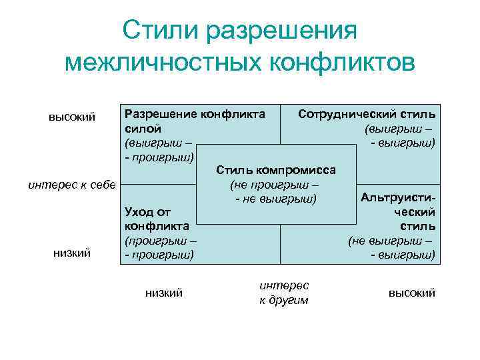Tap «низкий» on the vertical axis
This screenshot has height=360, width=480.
point(72,253)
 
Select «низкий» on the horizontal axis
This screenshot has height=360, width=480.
point(163,293)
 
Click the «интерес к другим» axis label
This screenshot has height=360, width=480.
point(284,292)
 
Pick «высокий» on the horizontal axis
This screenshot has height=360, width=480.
point(411,293)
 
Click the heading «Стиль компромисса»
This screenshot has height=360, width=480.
point(276,169)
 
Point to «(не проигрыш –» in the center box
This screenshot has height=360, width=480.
point(274,184)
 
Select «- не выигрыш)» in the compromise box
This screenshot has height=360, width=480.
point(274,199)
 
